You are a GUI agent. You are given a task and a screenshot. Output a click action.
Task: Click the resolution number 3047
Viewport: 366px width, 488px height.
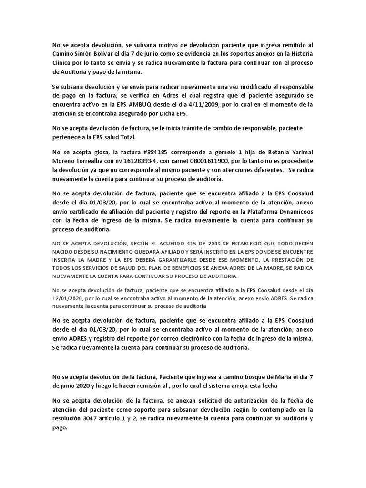click(x=102, y=406)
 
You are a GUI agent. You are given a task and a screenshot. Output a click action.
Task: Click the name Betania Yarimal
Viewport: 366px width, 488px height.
click(x=289, y=152)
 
